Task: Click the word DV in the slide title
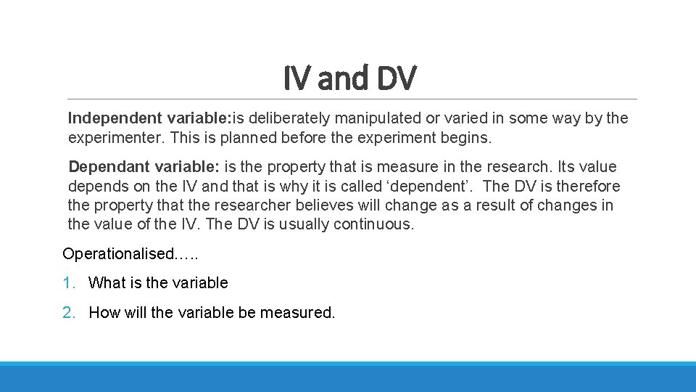point(397,78)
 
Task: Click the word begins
point(465,137)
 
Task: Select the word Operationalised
point(119,254)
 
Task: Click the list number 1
point(67,283)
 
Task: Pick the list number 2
point(67,313)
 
